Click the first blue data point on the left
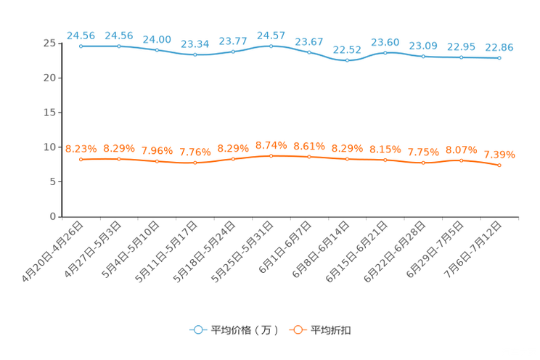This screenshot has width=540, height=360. [x=81, y=46]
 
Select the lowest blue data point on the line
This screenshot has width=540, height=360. [x=347, y=61]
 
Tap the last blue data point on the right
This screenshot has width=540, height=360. [x=499, y=57]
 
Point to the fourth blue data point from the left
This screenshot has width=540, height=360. [x=195, y=54]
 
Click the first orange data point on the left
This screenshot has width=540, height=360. [x=81, y=159]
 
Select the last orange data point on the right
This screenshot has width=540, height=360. [x=499, y=165]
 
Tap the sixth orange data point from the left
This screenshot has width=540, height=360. [x=271, y=155]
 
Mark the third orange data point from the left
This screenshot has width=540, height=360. [x=157, y=161]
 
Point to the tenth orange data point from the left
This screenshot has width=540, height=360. [x=423, y=163]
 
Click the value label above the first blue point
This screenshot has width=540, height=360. [x=81, y=35]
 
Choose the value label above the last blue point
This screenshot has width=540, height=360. [x=499, y=47]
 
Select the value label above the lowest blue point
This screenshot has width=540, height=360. [x=347, y=49]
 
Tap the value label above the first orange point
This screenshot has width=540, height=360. [x=81, y=149]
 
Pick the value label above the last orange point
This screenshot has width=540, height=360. [x=499, y=155]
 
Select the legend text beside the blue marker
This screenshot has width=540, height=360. [x=244, y=330]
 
